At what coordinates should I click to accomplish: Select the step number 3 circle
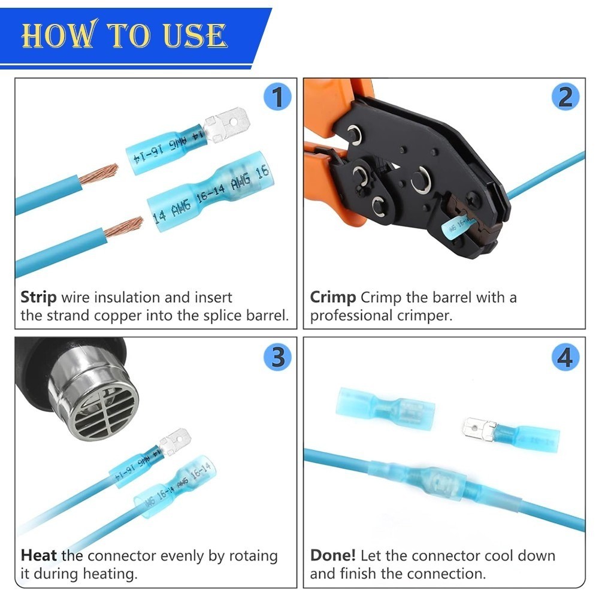pos(278,357)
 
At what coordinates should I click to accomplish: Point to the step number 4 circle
pos(566,357)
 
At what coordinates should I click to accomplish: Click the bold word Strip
pos(38,298)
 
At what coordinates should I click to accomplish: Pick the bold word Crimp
pos(332,298)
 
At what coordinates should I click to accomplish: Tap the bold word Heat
pos(38,555)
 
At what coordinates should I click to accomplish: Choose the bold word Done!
pos(332,555)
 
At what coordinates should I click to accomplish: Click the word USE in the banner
pos(195,35)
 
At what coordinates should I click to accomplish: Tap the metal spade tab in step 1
pos(226,125)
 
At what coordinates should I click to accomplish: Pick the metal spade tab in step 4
pos(479,429)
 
